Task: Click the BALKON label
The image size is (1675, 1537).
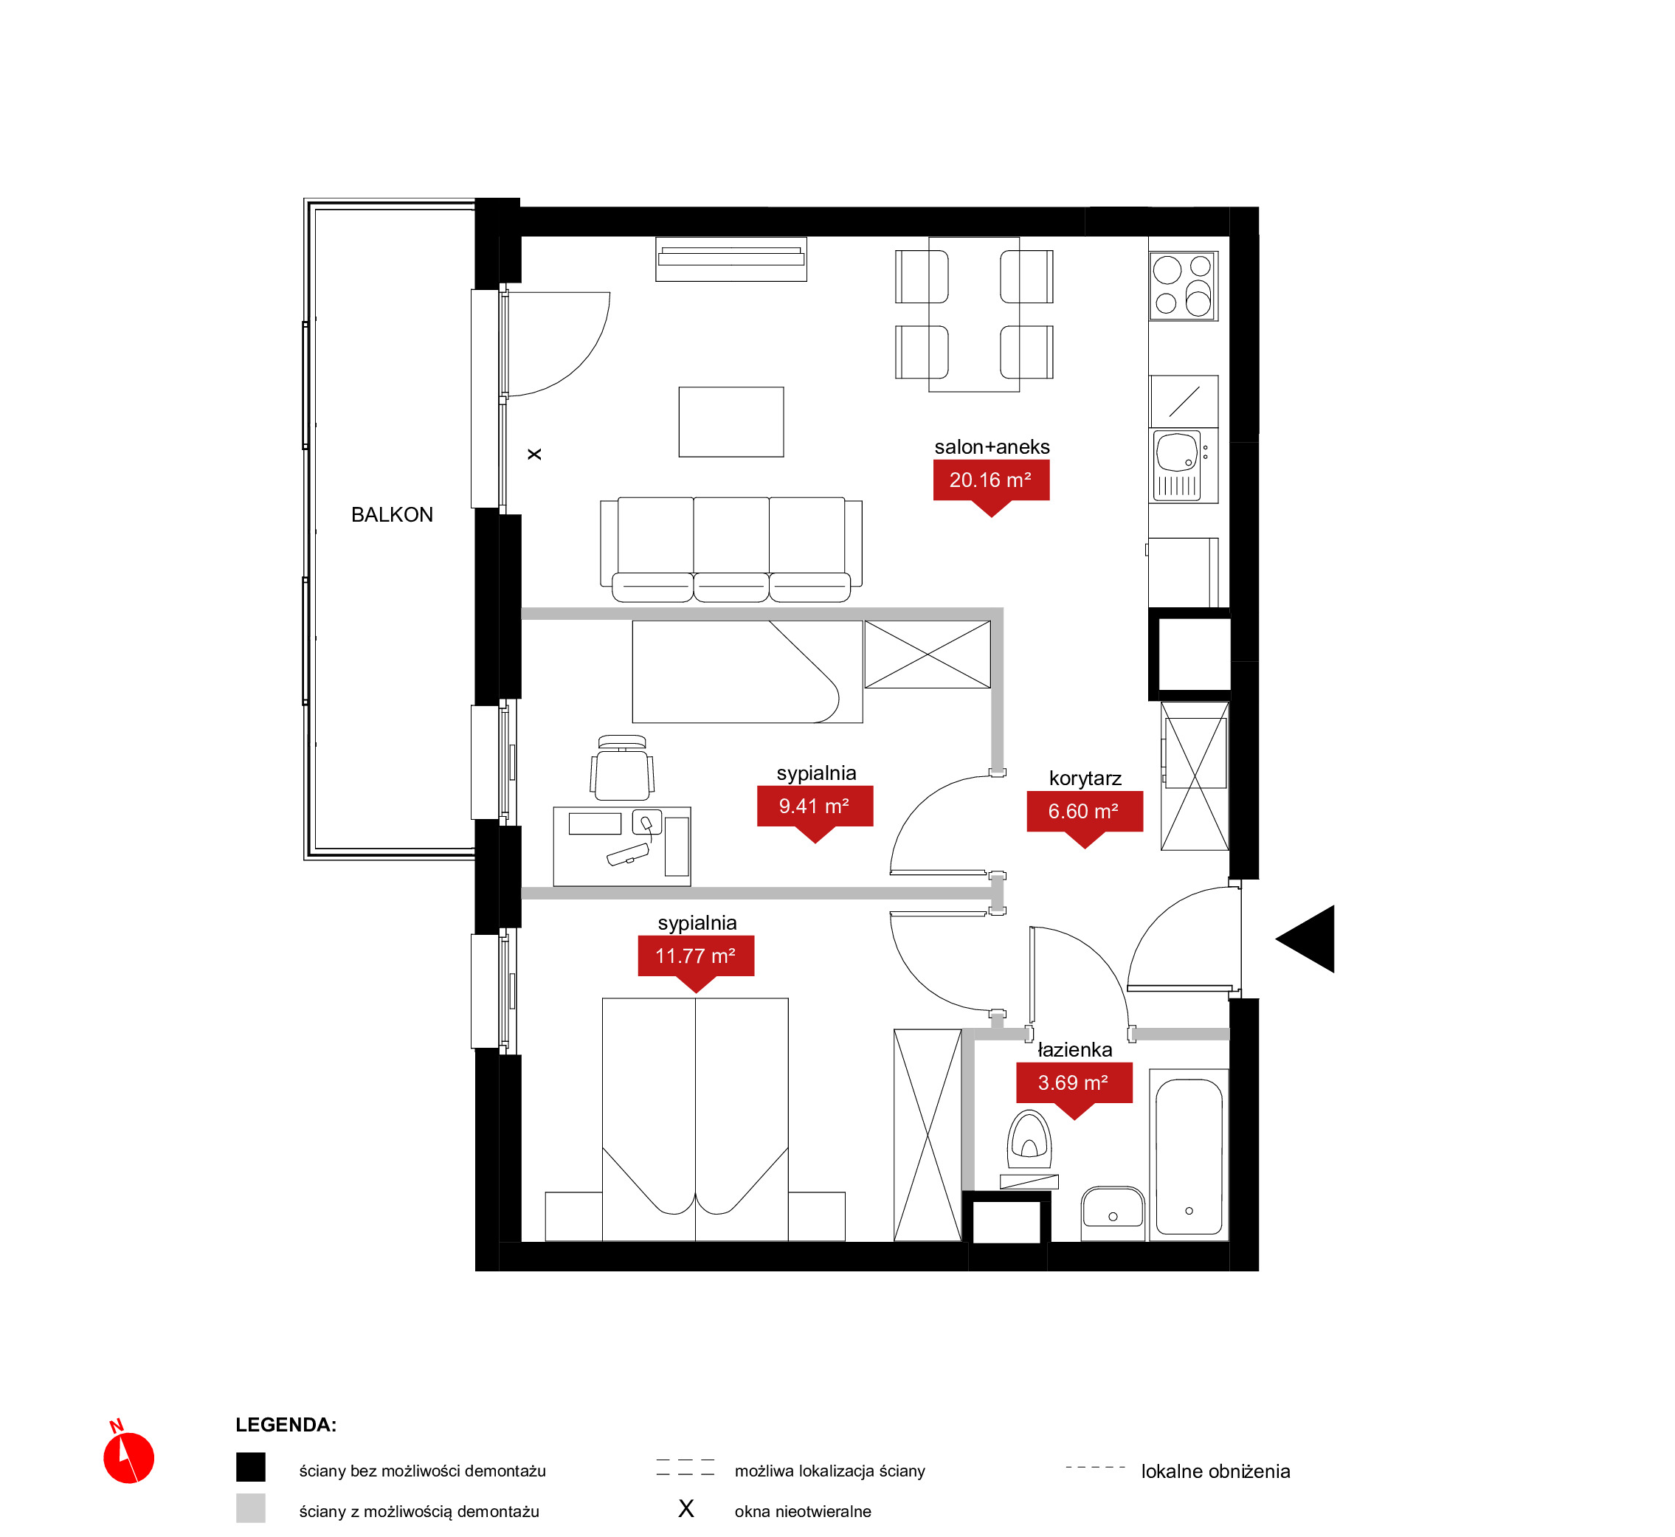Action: click(392, 515)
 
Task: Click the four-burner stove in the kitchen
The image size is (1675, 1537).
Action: click(1184, 286)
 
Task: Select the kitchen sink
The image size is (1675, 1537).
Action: click(1177, 466)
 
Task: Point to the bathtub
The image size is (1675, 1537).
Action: click(1189, 1156)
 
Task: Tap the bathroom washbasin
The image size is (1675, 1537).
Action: click(1113, 1212)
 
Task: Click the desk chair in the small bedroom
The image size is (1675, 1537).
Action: click(622, 769)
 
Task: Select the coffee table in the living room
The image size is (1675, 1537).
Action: click(731, 421)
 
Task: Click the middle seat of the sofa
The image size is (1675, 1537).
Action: click(731, 549)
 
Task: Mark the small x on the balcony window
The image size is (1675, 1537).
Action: click(535, 454)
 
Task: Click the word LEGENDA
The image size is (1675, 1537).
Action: click(286, 1425)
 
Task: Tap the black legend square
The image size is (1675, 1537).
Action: click(250, 1467)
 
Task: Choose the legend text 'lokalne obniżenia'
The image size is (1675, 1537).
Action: click(1215, 1471)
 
